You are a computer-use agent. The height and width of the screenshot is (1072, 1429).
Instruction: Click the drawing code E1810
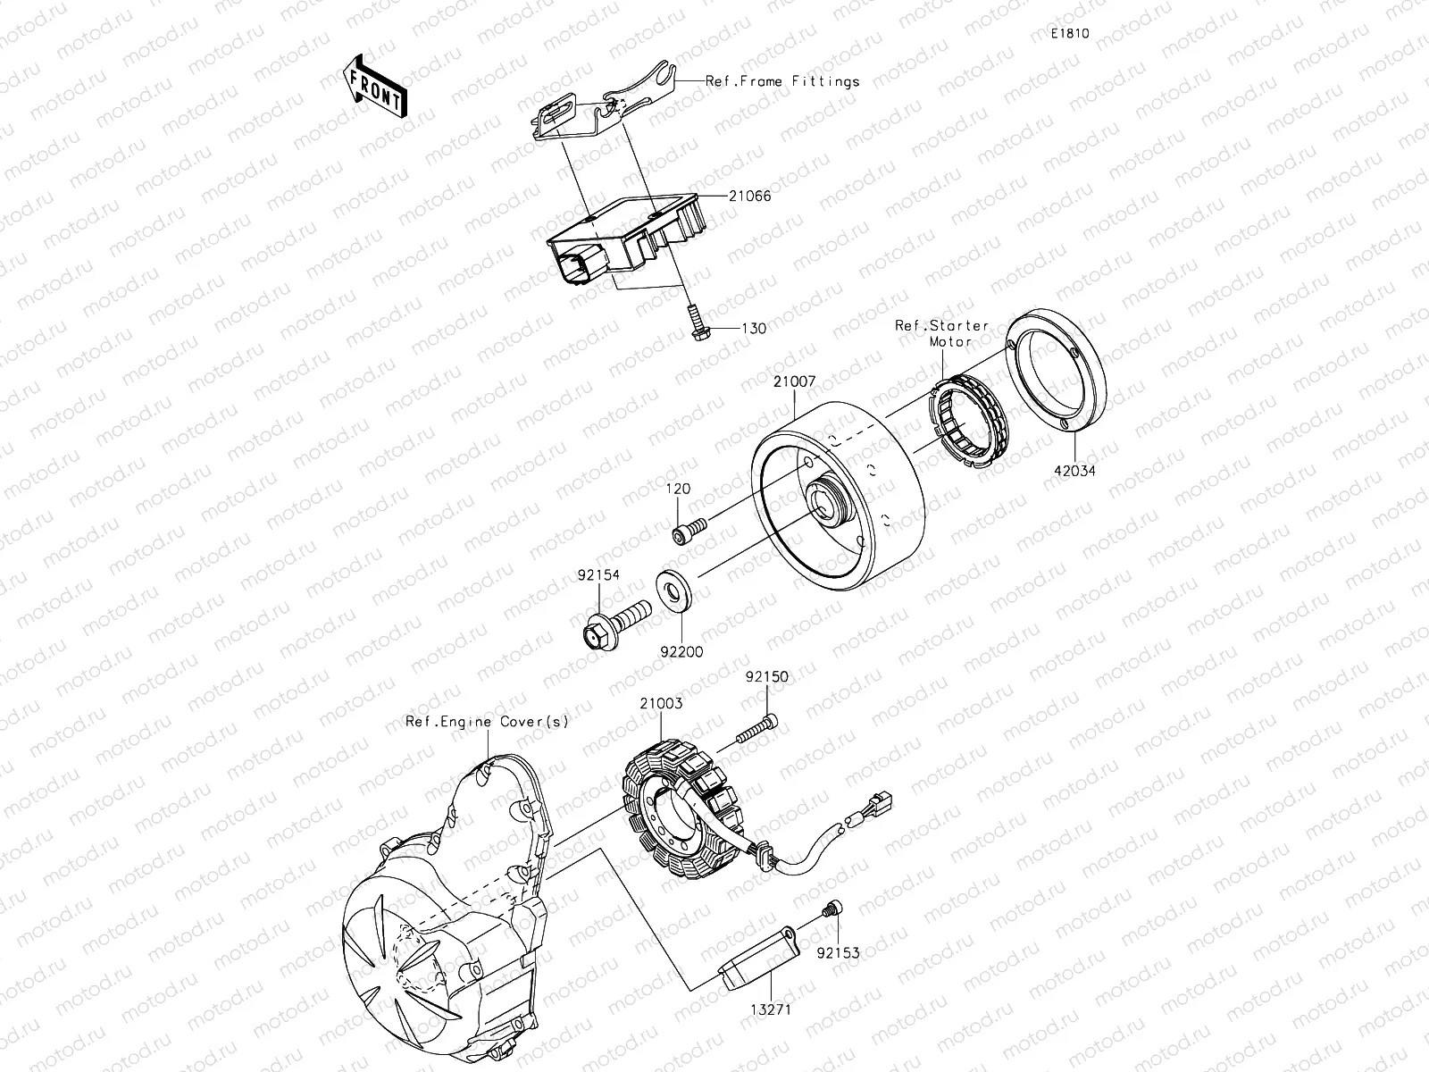(1069, 34)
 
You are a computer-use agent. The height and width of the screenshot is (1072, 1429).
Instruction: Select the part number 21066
(749, 196)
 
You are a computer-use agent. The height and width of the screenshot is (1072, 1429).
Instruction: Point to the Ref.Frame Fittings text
(782, 81)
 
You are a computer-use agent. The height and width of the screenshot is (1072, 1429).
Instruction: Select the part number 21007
(794, 381)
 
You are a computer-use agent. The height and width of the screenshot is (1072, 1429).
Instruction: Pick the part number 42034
(1074, 471)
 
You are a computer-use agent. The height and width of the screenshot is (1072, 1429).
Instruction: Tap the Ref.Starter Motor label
(942, 332)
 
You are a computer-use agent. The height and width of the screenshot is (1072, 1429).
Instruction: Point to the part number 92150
(767, 676)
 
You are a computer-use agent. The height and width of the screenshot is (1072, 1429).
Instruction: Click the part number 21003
(661, 703)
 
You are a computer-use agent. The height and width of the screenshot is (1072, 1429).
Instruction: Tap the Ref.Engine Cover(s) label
(487, 721)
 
